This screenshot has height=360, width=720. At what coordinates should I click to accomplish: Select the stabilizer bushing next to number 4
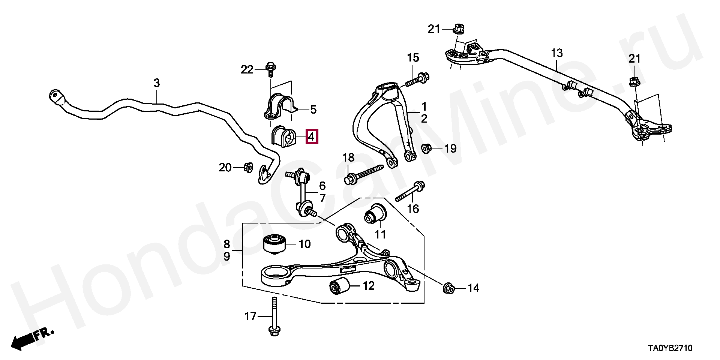283,137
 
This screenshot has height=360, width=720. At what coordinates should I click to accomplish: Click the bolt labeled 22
270,69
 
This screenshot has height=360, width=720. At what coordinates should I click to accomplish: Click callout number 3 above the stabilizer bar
156,83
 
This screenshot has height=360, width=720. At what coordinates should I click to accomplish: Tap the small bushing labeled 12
339,286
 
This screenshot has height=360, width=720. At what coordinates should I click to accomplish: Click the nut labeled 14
448,288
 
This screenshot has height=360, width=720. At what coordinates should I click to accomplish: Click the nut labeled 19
426,148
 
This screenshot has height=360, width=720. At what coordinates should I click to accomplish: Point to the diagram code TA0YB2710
670,348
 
